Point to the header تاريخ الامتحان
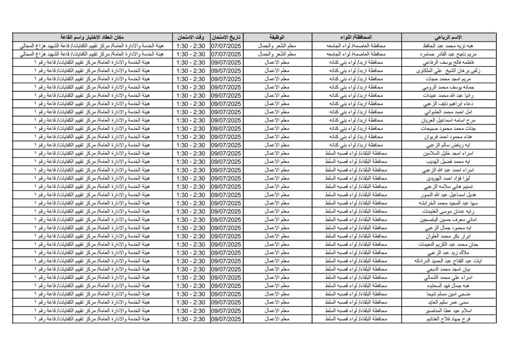(226, 37)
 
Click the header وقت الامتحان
(190, 37)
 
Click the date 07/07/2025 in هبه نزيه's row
(226, 46)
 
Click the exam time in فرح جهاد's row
(190, 318)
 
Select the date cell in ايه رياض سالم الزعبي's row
(226, 145)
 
